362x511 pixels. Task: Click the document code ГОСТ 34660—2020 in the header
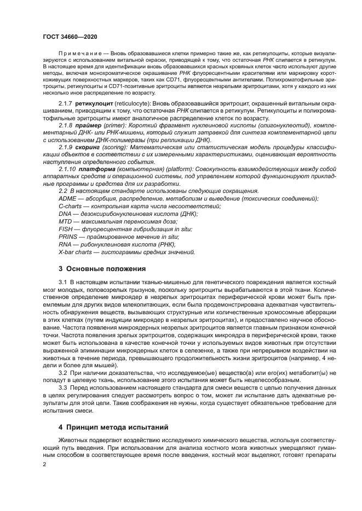point(68,36)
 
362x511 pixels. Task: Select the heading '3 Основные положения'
point(102,269)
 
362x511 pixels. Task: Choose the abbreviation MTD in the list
point(66,222)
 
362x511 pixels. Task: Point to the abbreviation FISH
point(66,230)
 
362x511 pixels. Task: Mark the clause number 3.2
point(63,373)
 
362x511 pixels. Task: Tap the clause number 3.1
point(63,281)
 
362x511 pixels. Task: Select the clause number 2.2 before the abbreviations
point(63,191)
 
